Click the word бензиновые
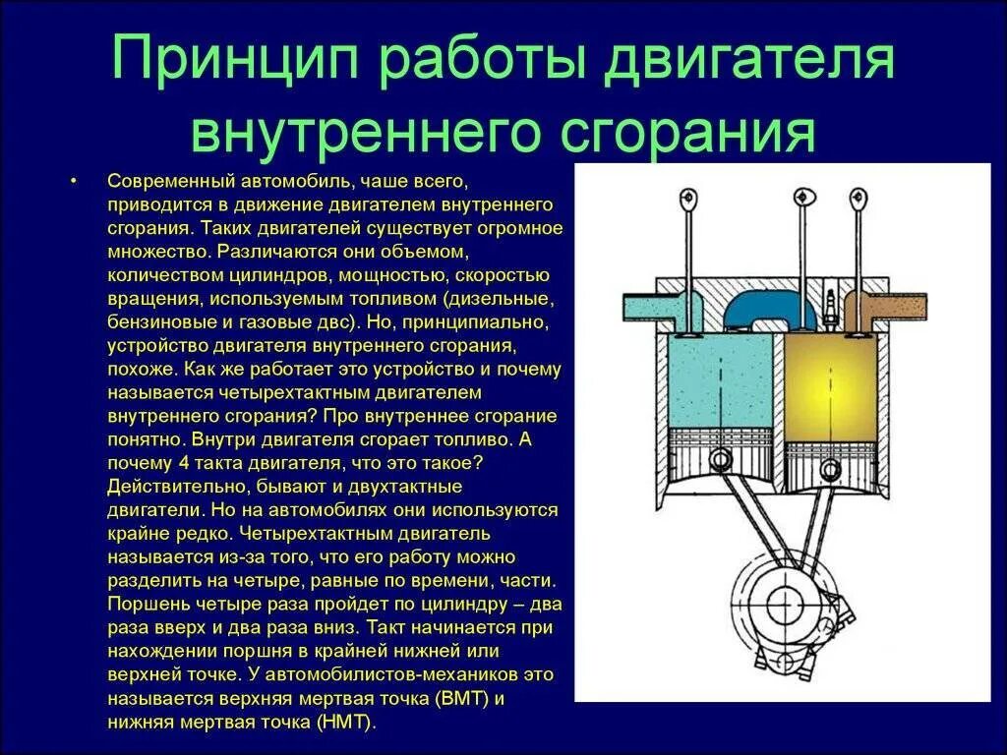[154, 320]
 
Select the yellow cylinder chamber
[831, 393]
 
